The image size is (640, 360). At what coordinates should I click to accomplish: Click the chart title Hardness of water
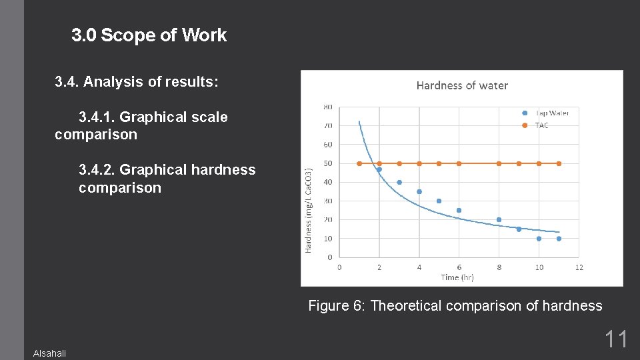pyautogui.click(x=462, y=85)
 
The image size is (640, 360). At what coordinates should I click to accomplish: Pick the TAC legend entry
pyautogui.click(x=541, y=125)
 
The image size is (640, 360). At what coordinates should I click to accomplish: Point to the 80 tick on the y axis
pyautogui.click(x=328, y=107)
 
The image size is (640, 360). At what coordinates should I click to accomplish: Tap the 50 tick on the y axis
pyautogui.click(x=328, y=163)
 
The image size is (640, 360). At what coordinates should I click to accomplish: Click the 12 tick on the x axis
pyautogui.click(x=579, y=267)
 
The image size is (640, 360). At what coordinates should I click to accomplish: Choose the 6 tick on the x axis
pyautogui.click(x=459, y=267)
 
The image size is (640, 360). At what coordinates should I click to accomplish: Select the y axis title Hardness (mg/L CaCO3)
pyautogui.click(x=309, y=209)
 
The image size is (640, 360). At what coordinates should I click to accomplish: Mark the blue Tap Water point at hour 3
pyautogui.click(x=399, y=182)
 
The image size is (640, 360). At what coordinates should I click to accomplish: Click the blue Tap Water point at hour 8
pyautogui.click(x=499, y=219)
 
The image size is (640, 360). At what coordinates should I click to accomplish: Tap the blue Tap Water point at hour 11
pyautogui.click(x=559, y=238)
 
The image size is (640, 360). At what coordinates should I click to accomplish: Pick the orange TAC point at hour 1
pyautogui.click(x=359, y=163)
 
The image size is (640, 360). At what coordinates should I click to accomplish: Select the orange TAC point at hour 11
pyautogui.click(x=559, y=163)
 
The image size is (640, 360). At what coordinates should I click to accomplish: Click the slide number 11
pyautogui.click(x=615, y=339)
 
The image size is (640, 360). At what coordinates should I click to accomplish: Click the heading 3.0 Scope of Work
pyautogui.click(x=149, y=35)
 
